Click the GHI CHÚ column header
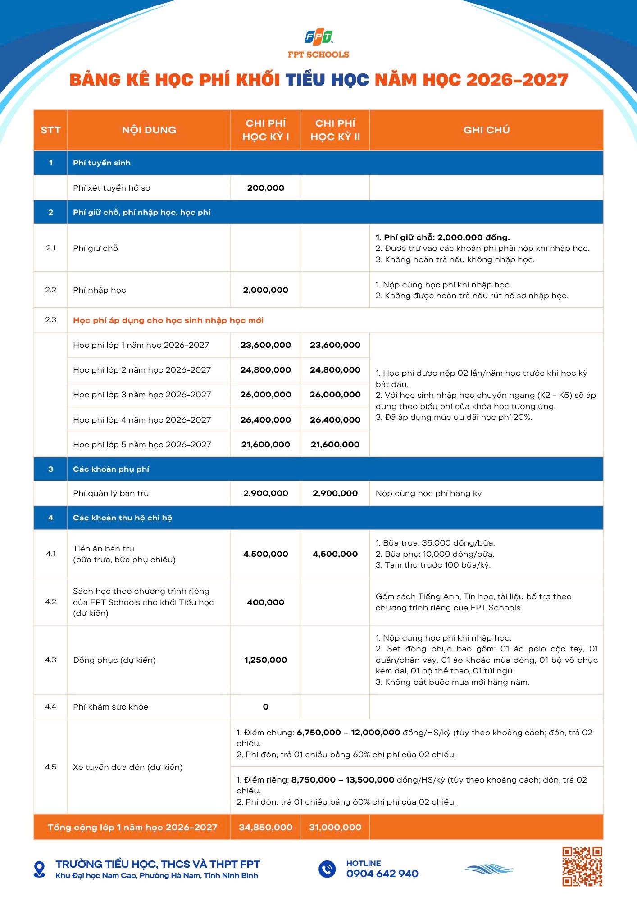pos(486,130)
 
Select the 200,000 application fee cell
pos(265,188)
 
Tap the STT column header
pos(50,130)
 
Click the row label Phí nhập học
pos(100,290)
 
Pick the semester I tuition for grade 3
pos(265,395)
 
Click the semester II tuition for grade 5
pos(335,445)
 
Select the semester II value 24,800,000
pos(335,370)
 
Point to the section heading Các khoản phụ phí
pos(111,469)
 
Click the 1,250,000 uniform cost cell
pos(265,660)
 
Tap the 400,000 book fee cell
pos(265,602)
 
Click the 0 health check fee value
pos(265,707)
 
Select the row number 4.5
pos(50,767)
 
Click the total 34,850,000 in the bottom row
pos(265,828)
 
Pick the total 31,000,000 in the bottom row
pos(335,828)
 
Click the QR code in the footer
pos(582,866)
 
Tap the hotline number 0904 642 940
pos(382,874)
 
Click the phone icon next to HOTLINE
pos(327,869)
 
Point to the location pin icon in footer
pos(40,869)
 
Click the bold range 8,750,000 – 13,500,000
pos(343,780)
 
